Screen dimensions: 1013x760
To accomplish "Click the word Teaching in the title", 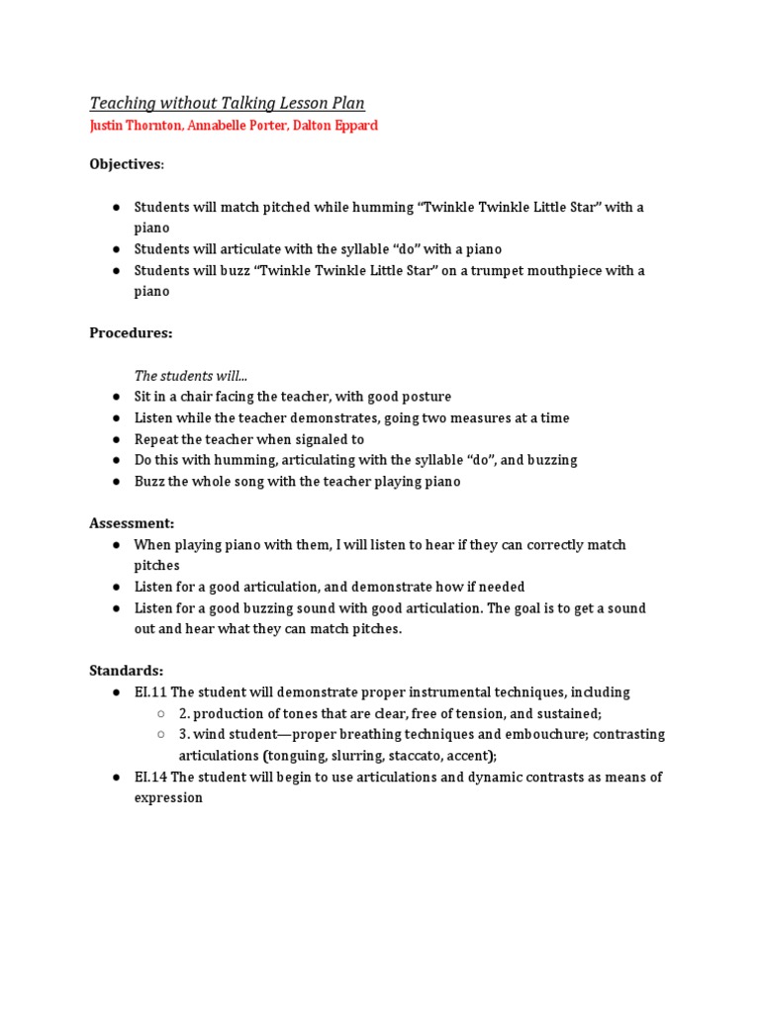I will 122,103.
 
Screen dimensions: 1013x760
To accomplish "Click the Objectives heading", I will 127,164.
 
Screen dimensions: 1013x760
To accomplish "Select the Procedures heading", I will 131,333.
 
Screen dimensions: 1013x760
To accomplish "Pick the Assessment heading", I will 132,523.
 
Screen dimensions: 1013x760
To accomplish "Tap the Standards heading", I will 126,671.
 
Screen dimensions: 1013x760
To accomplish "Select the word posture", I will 425,397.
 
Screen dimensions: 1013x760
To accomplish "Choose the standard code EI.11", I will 150,692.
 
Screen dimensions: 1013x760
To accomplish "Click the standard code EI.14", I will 151,777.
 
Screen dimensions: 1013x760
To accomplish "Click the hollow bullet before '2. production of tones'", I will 162,713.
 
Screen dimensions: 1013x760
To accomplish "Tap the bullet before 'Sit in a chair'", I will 116,397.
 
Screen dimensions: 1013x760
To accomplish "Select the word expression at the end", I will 168,797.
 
